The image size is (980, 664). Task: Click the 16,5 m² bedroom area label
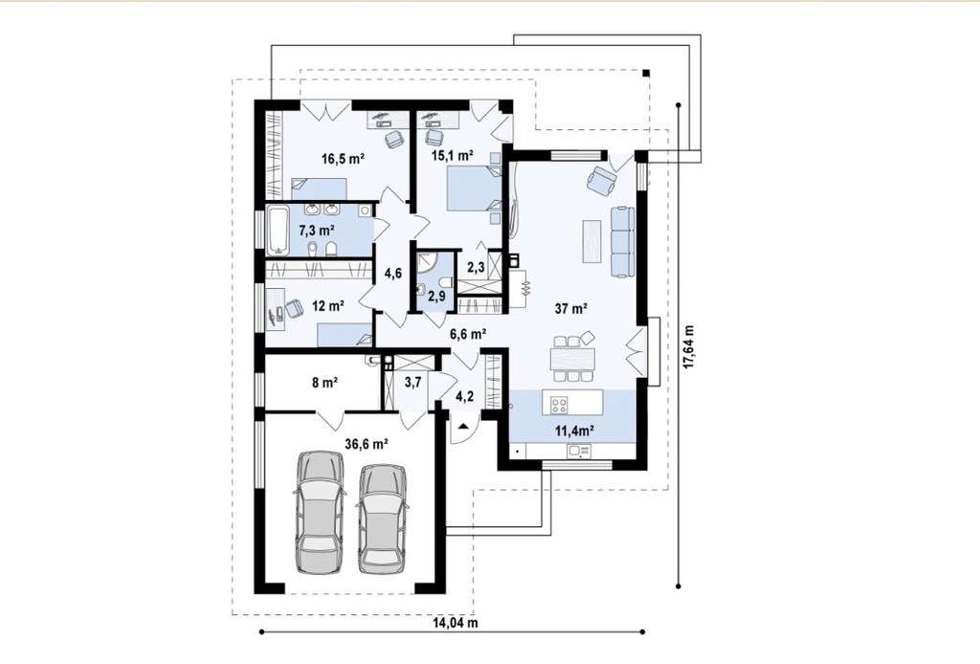343,159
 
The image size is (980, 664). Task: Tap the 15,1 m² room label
453,154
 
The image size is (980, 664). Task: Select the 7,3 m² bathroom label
317,231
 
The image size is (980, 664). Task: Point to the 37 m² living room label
570,308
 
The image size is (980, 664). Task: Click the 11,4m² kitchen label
575,430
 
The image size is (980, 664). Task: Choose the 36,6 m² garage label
367,444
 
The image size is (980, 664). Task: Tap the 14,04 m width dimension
456,623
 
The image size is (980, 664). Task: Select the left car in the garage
320,512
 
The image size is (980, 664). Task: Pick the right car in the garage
383,519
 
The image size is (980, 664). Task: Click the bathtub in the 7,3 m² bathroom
278,231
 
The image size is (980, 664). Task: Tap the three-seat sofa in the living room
622,242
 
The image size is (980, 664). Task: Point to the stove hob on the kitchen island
559,405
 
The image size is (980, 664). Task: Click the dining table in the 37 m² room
572,359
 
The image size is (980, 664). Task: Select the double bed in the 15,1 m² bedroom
475,188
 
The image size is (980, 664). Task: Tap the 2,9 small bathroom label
436,296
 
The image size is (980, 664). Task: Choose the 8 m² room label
325,382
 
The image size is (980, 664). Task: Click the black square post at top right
646,73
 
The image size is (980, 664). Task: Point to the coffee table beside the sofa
591,241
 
